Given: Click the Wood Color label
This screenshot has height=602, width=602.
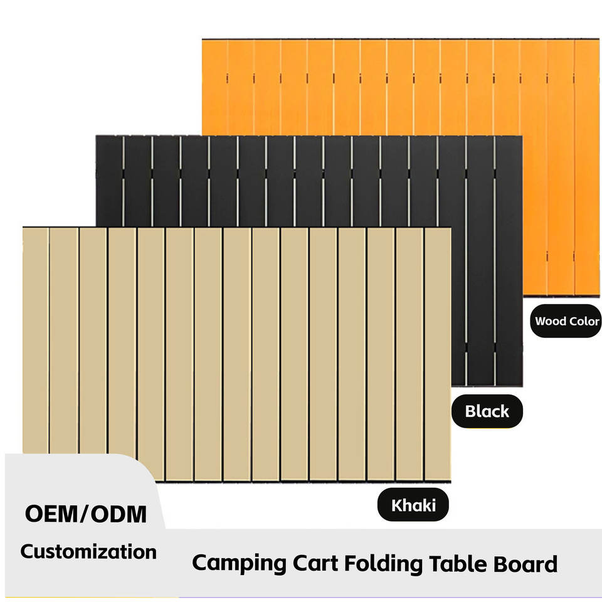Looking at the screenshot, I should point(567,322).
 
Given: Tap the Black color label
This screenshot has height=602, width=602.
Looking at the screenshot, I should point(487,412).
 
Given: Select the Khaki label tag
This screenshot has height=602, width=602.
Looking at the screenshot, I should point(413,505).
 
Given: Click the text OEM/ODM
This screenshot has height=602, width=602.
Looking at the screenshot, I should point(87,515).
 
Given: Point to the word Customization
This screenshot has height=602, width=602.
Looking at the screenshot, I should point(88,552).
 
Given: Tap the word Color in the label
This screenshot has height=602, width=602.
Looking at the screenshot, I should point(584,322).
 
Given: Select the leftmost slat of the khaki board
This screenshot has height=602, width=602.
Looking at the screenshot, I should point(35,339).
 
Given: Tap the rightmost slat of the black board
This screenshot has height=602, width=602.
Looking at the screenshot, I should point(509,251).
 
